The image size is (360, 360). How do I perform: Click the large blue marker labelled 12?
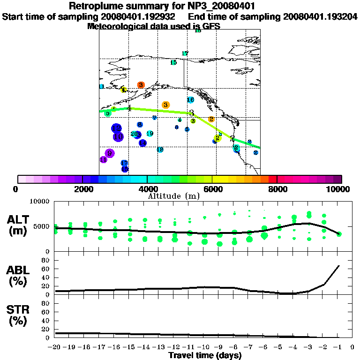[117, 128]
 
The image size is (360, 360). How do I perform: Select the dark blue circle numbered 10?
[118, 137]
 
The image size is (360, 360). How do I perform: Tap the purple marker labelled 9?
[110, 153]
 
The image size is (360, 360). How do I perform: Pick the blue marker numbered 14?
[142, 142]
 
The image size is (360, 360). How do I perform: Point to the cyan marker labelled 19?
[150, 134]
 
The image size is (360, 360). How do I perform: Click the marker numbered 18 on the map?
[160, 149]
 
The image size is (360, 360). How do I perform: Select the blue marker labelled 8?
[140, 125]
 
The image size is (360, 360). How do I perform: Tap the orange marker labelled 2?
[211, 119]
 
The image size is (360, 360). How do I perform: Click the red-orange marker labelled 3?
[141, 85]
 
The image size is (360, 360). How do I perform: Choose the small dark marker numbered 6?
[177, 127]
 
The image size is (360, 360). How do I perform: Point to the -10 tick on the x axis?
[203, 347]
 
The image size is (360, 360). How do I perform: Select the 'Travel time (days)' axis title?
[205, 356]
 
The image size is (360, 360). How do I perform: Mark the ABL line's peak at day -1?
[339, 266]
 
